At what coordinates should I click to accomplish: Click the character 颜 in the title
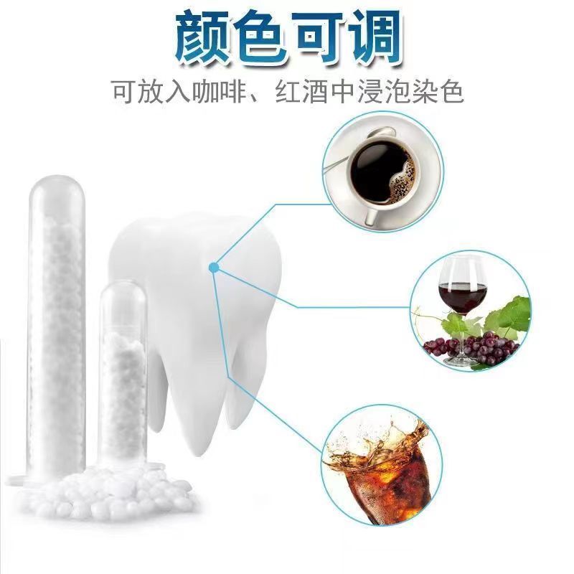coord(204,38)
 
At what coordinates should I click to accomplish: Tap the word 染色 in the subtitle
coord(438,92)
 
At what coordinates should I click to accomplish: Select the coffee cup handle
coord(372,215)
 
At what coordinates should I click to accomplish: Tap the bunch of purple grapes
coord(472,348)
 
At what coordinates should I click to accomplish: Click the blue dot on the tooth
coord(214,268)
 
